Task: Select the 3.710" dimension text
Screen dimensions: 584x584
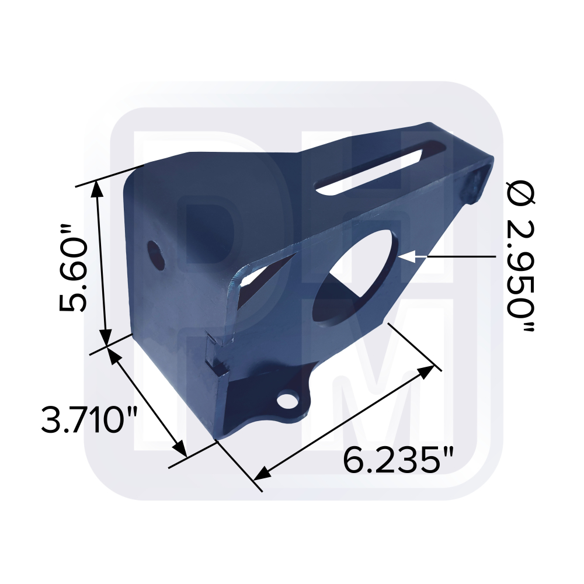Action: coord(89,419)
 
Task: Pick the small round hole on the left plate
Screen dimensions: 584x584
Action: coord(155,253)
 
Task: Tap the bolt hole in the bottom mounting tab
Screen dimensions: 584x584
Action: coord(287,401)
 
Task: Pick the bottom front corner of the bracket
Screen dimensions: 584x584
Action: coord(218,437)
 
